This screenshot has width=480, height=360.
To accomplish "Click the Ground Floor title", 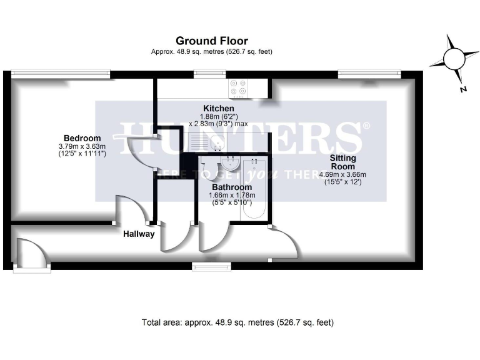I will pyautogui.click(x=212, y=41).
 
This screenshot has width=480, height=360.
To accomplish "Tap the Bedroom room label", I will pyautogui.click(x=82, y=138).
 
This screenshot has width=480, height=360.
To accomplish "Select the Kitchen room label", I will pyautogui.click(x=218, y=109).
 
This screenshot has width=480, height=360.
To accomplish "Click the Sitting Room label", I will pyautogui.click(x=344, y=162).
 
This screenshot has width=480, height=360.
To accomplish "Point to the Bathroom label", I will pyautogui.click(x=232, y=187).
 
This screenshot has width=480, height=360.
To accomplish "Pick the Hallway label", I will pyautogui.click(x=138, y=234).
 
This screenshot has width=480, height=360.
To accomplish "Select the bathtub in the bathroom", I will pyautogui.click(x=254, y=189).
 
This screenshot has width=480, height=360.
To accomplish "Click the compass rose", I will pyautogui.click(x=453, y=59).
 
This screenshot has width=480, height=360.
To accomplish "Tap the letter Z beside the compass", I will pyautogui.click(x=463, y=89).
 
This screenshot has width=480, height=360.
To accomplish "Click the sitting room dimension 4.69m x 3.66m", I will pyautogui.click(x=344, y=178).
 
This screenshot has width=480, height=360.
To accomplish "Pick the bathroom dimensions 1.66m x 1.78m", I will pyautogui.click(x=232, y=199).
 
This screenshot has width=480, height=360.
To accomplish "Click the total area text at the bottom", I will pyautogui.click(x=238, y=323).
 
